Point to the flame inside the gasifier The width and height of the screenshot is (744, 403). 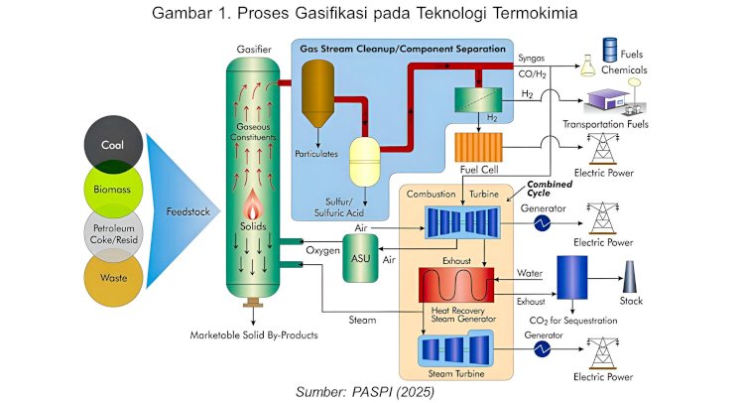[254, 210]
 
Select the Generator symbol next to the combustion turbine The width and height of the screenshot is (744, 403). [543, 224]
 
